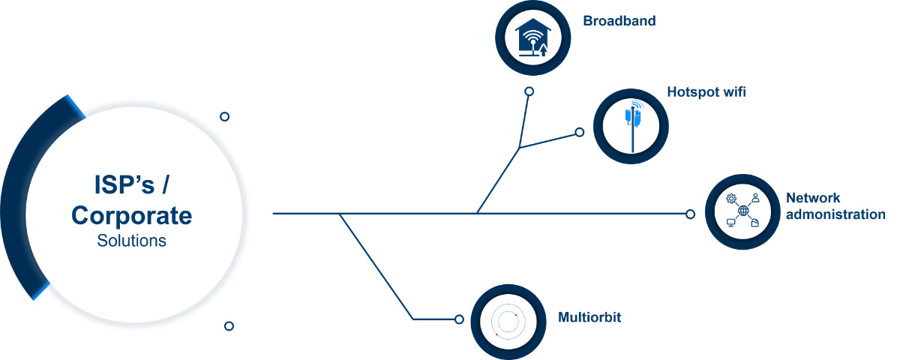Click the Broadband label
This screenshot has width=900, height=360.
click(x=619, y=21)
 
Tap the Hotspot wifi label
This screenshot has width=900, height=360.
click(x=706, y=92)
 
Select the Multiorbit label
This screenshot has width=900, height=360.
click(x=589, y=317)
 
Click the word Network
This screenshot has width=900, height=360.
click(x=813, y=198)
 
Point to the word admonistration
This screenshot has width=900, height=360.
click(x=835, y=214)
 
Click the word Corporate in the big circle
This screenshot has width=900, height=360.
click(x=132, y=216)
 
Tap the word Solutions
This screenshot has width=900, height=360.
click(x=132, y=241)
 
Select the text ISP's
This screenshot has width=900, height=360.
click(x=124, y=184)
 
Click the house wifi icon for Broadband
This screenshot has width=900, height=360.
click(x=532, y=37)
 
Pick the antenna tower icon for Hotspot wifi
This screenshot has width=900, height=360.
click(x=634, y=125)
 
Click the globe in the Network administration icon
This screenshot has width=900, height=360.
click(x=743, y=211)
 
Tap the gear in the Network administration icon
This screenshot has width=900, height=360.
click(x=731, y=199)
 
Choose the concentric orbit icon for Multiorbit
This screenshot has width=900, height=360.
click(x=508, y=322)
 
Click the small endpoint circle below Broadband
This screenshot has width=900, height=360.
click(x=529, y=91)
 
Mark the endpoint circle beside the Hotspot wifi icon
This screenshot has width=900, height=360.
click(x=579, y=132)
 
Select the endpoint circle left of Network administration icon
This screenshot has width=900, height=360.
click(x=690, y=214)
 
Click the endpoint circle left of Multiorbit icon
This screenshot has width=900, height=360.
click(x=459, y=319)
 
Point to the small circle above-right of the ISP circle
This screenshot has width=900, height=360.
click(x=224, y=116)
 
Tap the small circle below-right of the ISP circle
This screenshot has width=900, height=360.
click(x=229, y=325)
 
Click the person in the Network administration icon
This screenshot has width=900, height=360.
click(x=756, y=198)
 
